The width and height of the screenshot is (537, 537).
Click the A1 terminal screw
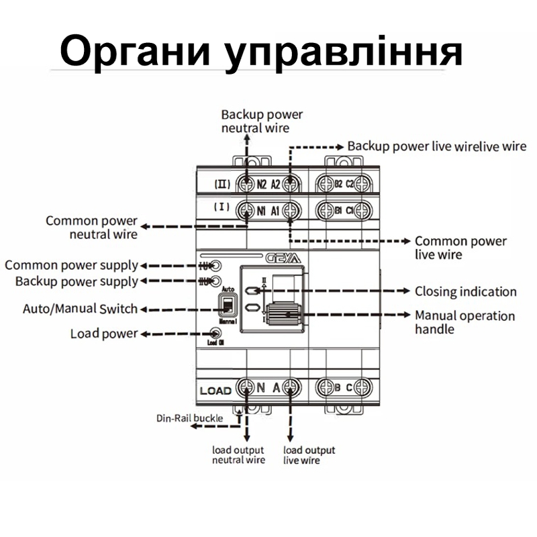(290, 210)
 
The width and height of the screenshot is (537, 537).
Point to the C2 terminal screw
(362, 183)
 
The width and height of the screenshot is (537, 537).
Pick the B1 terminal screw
(325, 210)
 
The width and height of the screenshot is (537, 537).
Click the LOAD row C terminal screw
(362, 387)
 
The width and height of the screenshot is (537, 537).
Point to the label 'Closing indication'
(465, 292)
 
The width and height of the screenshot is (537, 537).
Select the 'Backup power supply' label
(77, 281)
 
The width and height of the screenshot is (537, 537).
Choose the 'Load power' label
(104, 334)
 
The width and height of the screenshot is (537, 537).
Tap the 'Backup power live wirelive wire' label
(436, 146)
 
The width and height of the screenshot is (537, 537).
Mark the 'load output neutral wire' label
(238, 454)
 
